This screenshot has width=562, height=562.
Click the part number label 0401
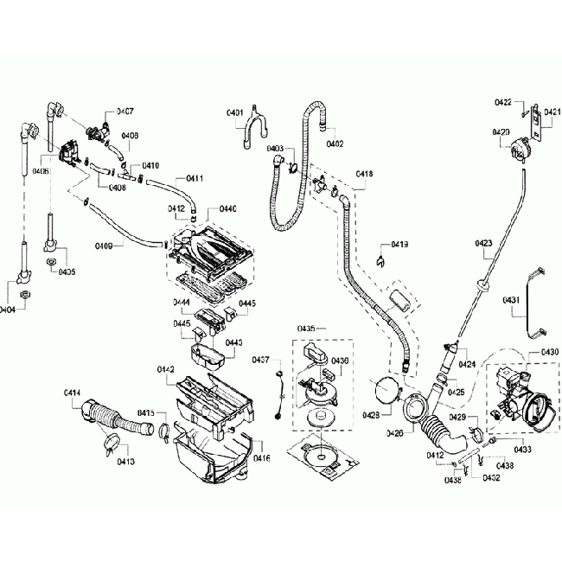pos(234,114)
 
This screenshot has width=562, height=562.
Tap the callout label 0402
pos(335,144)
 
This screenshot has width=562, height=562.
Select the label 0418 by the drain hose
pos(364,175)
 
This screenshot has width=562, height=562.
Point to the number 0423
pos(484,243)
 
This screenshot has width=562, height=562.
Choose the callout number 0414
pos(73,394)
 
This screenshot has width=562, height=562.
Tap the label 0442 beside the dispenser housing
pos(166,370)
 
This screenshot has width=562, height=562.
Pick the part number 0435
pos(306,329)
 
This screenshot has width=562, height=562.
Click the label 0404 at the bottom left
pos(8,310)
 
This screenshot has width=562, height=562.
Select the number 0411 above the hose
pos(194,178)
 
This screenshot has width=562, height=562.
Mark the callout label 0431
pos(511,300)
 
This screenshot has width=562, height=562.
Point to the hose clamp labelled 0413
pos(110,446)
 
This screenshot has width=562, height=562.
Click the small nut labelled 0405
pos(51,260)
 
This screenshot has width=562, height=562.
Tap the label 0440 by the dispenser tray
pos(227,209)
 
